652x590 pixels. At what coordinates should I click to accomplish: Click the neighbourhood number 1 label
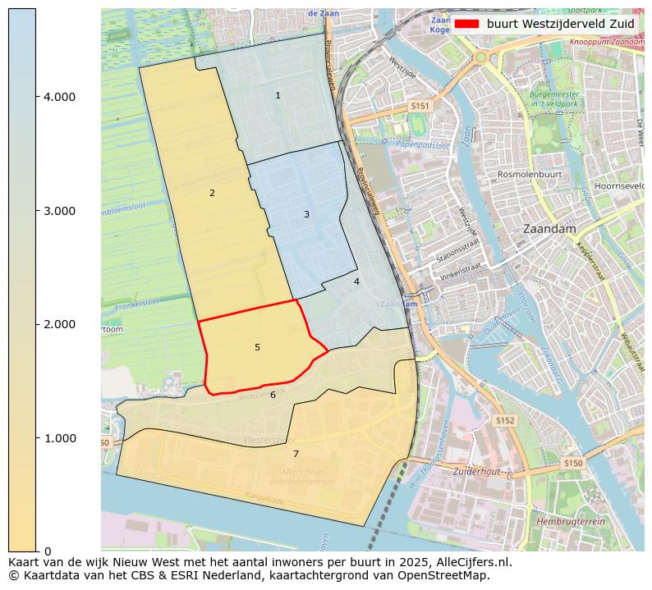[x=278, y=96]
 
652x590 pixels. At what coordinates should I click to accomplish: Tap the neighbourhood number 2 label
[x=212, y=194]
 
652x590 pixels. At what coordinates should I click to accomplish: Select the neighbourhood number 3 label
[x=306, y=215]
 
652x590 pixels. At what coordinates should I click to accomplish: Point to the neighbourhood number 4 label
[x=356, y=282]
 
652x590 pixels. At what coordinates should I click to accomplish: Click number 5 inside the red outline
[x=257, y=348]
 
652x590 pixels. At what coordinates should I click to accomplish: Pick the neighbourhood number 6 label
[x=273, y=396]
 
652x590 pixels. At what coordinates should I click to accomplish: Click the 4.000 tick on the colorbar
[x=59, y=97]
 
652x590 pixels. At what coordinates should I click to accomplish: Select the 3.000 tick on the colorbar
[x=59, y=211]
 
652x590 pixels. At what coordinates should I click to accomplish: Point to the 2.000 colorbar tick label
[x=59, y=324]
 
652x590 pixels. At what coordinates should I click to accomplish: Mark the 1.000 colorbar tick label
[x=59, y=438]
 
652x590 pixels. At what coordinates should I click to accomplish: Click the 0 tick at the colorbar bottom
[x=48, y=551]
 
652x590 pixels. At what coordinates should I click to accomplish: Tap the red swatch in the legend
[x=466, y=24]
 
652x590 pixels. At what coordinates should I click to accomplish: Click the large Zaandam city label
[x=550, y=229]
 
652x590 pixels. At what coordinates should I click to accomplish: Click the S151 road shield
[x=420, y=107]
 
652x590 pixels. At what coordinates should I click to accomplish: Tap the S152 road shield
[x=504, y=420]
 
